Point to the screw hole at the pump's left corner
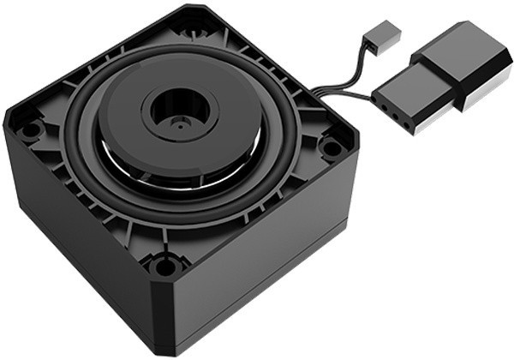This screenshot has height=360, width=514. coord(32,130)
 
